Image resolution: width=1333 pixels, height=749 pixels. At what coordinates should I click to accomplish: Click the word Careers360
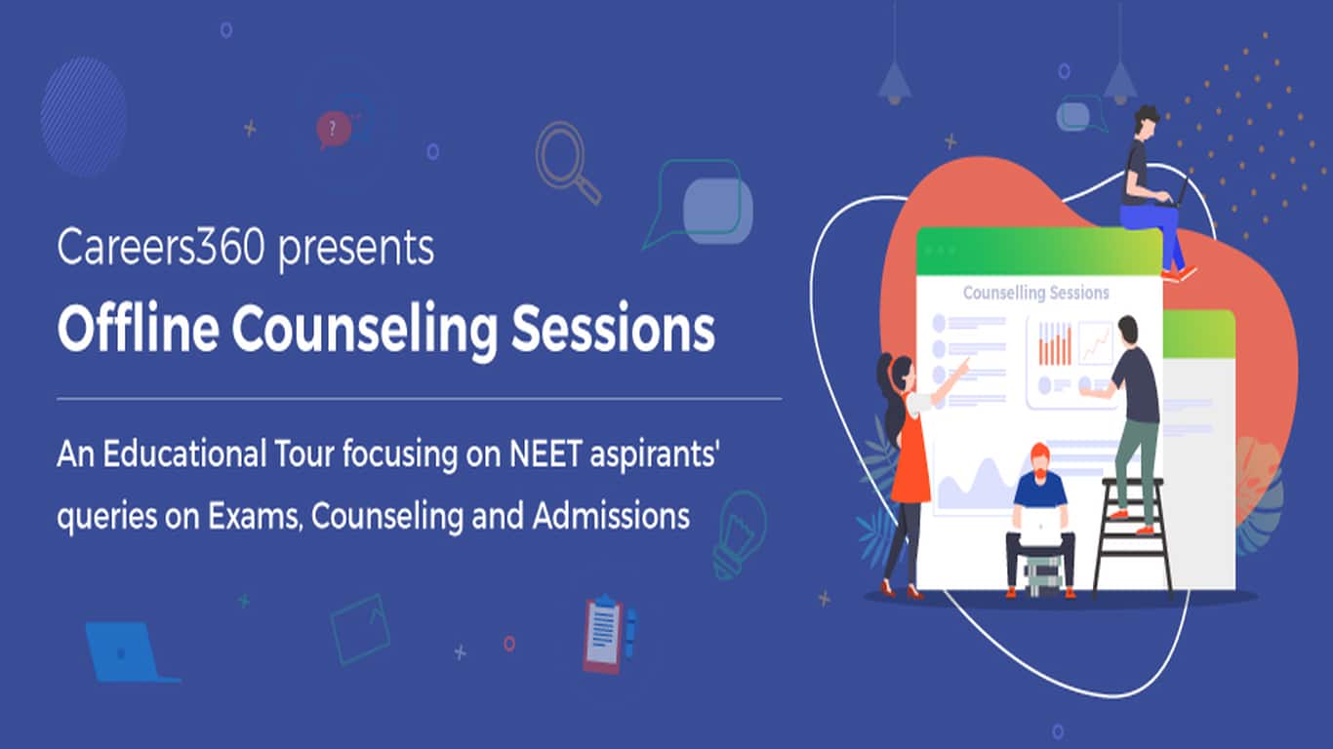161,247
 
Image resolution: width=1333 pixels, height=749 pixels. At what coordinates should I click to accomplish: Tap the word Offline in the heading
138,329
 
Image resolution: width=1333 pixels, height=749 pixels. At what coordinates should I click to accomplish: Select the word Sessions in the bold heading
613,329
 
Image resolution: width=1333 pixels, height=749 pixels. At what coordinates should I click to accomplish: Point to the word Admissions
611,515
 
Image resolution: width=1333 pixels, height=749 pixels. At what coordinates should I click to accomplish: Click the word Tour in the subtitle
304,453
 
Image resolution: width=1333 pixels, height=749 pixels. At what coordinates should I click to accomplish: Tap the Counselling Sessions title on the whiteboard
1036,293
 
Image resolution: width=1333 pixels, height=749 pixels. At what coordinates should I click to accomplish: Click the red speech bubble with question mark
333,129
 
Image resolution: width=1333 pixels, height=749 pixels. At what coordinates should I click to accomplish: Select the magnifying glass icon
567,162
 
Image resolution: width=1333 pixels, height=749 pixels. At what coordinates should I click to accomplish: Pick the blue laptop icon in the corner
127,652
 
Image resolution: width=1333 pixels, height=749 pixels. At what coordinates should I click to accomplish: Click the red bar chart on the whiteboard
1055,343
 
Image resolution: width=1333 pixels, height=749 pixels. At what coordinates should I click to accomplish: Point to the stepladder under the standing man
1132,535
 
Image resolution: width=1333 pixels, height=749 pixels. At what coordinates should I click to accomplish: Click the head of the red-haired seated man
1039,460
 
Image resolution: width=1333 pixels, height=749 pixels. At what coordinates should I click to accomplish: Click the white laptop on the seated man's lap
1041,526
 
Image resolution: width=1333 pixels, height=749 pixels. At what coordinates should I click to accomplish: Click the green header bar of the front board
1039,251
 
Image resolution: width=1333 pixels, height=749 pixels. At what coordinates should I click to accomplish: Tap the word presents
356,250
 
